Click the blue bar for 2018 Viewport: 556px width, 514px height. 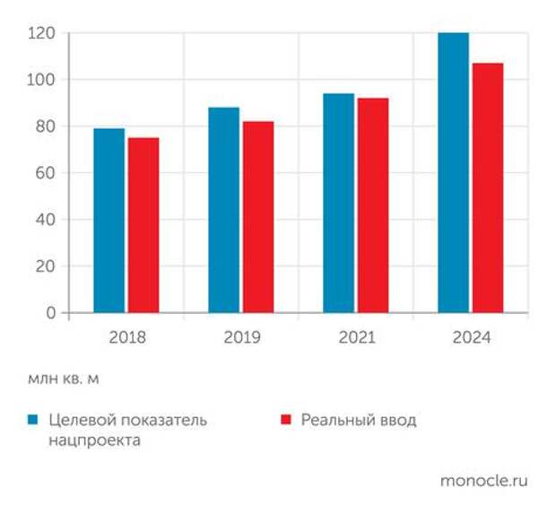coord(109,221)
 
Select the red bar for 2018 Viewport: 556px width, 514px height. coord(143,225)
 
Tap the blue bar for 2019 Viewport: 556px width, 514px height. coord(223,210)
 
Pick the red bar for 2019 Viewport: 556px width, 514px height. coord(257,217)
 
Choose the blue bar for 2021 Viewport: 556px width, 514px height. coord(338,203)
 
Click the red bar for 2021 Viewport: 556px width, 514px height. coord(372,205)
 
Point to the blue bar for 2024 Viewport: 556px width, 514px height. coord(453,172)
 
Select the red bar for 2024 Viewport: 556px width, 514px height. coord(487,187)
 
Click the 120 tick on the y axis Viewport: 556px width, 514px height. coord(43,33)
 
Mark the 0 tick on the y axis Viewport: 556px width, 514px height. coord(51,313)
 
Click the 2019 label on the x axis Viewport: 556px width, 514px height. coord(242,338)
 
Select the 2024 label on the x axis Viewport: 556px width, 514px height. coord(472,338)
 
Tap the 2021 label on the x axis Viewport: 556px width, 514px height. coord(357,338)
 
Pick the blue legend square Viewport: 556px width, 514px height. coord(33,420)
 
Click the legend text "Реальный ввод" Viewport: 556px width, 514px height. coord(359,420)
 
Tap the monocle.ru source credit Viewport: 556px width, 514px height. coord(483,480)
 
